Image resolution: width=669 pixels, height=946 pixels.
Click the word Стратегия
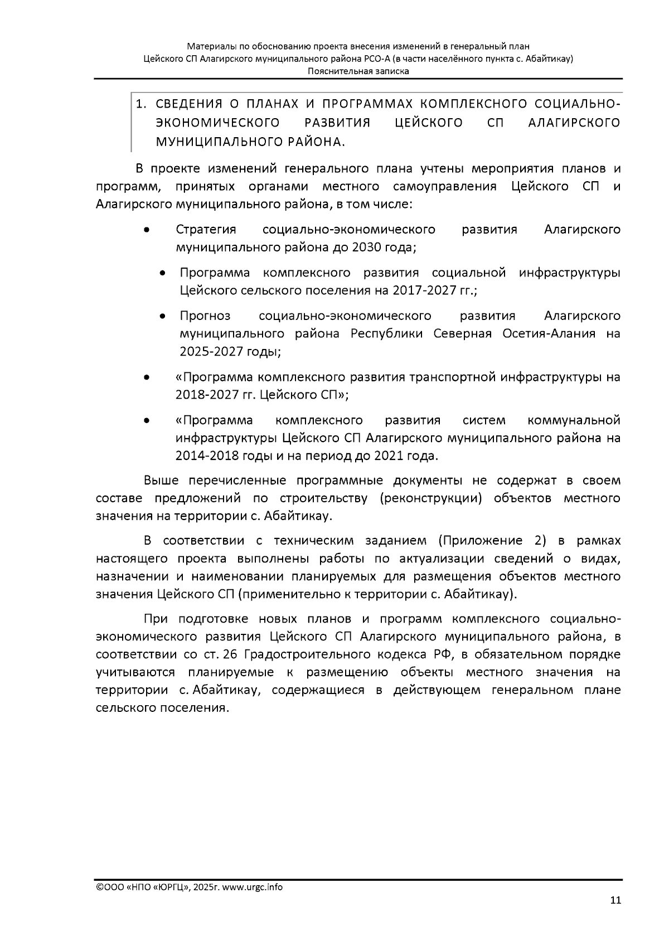pyautogui.click(x=206, y=229)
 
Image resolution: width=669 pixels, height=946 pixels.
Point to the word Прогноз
pyautogui.click(x=205, y=316)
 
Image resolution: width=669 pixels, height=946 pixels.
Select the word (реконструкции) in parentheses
pyautogui.click(x=430, y=498)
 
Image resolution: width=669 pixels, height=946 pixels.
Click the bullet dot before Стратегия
pyautogui.click(x=146, y=230)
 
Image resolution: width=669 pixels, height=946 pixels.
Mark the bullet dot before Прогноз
pyautogui.click(x=162, y=317)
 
